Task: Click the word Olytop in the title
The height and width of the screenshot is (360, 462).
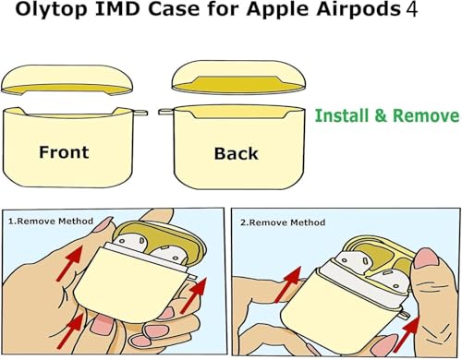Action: point(51,10)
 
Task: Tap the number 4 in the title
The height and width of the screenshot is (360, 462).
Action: point(411,9)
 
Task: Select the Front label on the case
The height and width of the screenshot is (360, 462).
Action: point(64,152)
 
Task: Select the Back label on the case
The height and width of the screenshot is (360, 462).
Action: point(236,153)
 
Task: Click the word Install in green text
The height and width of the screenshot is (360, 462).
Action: point(342,115)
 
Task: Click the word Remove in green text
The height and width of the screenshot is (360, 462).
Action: point(426,115)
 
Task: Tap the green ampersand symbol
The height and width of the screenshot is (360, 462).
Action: point(381,115)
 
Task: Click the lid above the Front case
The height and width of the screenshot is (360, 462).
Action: point(67,78)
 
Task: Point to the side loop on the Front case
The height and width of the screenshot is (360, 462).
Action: point(140,113)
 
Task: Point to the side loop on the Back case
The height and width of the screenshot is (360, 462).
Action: point(166,112)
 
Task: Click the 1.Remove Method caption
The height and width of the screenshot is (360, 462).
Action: point(51,222)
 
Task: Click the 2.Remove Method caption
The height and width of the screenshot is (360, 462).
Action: point(283,222)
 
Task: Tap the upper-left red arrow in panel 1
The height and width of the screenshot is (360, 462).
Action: point(69,263)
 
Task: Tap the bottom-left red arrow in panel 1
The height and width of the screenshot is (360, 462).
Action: point(70,330)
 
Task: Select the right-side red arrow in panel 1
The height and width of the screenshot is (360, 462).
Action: point(194,294)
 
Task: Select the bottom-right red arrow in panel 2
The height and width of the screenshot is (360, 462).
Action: point(407,333)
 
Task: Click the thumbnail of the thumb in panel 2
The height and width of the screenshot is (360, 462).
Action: point(427,258)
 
